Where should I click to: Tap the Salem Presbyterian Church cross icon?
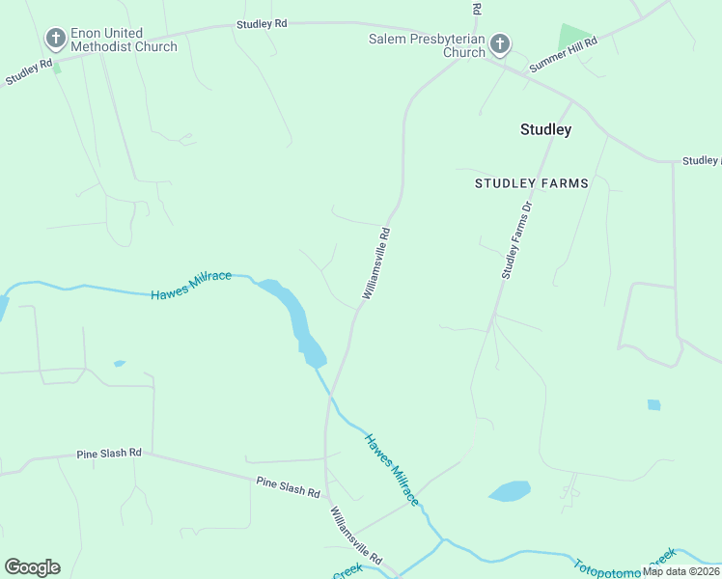coord(500,43)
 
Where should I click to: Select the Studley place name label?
coord(545,129)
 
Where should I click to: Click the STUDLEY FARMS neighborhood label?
coord(531,182)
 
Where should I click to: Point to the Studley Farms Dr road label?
coord(517,241)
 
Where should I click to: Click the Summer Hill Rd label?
coord(564,56)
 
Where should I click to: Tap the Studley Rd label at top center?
coord(262,23)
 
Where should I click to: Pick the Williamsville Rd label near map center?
coord(376,262)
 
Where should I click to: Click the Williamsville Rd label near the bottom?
coord(356,537)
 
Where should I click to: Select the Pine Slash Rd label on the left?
coord(109,453)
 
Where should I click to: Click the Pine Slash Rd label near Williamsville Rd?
coord(288,486)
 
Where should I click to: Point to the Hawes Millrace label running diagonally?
coord(391,469)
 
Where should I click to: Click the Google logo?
coord(32,567)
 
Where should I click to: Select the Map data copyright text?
coord(681,571)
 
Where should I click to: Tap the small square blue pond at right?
coord(654,405)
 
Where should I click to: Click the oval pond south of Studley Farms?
coord(510,491)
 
